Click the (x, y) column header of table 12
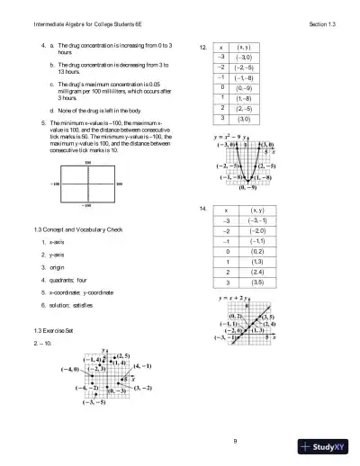(x=244, y=46)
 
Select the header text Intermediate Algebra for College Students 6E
(x=72, y=22)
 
